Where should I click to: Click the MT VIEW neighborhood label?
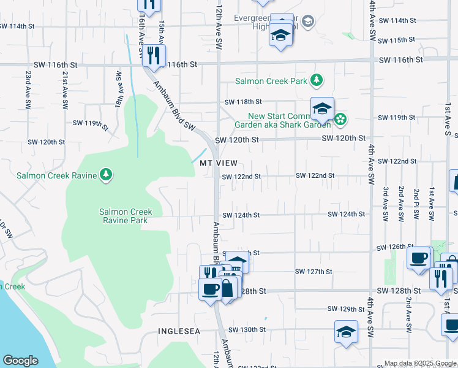click(x=219, y=163)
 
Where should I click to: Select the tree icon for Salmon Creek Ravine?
click(x=107, y=175)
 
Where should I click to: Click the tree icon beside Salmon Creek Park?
click(x=316, y=80)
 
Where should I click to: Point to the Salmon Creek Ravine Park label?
click(x=126, y=216)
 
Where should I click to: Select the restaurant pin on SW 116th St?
click(x=154, y=55)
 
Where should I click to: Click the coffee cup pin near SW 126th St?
click(x=419, y=258)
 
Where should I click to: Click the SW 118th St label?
click(x=243, y=102)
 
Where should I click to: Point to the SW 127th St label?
click(x=313, y=272)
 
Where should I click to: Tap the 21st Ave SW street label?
click(x=64, y=89)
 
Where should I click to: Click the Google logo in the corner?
click(x=20, y=361)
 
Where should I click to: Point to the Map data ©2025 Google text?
click(x=419, y=363)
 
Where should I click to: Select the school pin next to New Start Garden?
click(x=322, y=109)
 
